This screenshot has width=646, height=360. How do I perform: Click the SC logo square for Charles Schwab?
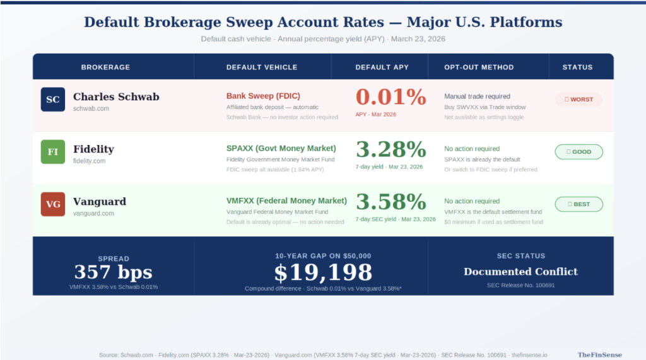pyautogui.click(x=53, y=100)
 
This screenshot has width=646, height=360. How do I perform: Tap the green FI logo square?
pyautogui.click(x=53, y=152)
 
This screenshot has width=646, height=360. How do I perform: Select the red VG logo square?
pyautogui.click(x=53, y=204)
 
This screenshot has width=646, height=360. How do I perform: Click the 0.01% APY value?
pyautogui.click(x=391, y=97)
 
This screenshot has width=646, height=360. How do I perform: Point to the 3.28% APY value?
pyautogui.click(x=391, y=149)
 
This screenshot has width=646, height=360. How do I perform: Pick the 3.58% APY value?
pyautogui.click(x=391, y=202)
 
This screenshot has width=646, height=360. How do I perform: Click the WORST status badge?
pyautogui.click(x=578, y=100)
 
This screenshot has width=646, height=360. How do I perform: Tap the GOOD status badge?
pyautogui.click(x=578, y=152)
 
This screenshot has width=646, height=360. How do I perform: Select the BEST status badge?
pyautogui.click(x=578, y=204)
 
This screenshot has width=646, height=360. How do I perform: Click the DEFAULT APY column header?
pyautogui.click(x=382, y=67)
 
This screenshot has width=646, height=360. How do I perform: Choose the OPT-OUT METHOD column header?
pyautogui.click(x=479, y=67)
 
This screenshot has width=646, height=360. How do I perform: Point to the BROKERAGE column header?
pyautogui.click(x=105, y=67)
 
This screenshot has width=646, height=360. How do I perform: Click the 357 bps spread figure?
pyautogui.click(x=114, y=272)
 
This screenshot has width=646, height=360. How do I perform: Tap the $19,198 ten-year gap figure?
pyautogui.click(x=323, y=272)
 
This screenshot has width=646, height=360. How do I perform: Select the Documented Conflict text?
pyautogui.click(x=520, y=272)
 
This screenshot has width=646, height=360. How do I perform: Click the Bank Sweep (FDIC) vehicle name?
pyautogui.click(x=259, y=96)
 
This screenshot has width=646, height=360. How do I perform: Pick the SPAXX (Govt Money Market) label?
pyautogui.click(x=281, y=148)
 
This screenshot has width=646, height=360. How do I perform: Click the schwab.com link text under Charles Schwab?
pyautogui.click(x=91, y=108)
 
